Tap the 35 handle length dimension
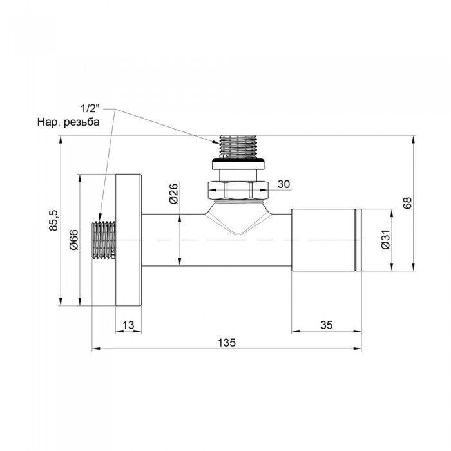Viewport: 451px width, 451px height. coord(325,326)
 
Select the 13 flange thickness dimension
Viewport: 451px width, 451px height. coord(129,326)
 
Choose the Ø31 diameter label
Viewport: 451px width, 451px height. coord(384,240)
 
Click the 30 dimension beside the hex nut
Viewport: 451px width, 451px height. coord(283,184)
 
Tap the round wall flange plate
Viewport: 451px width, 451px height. coord(129,240)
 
